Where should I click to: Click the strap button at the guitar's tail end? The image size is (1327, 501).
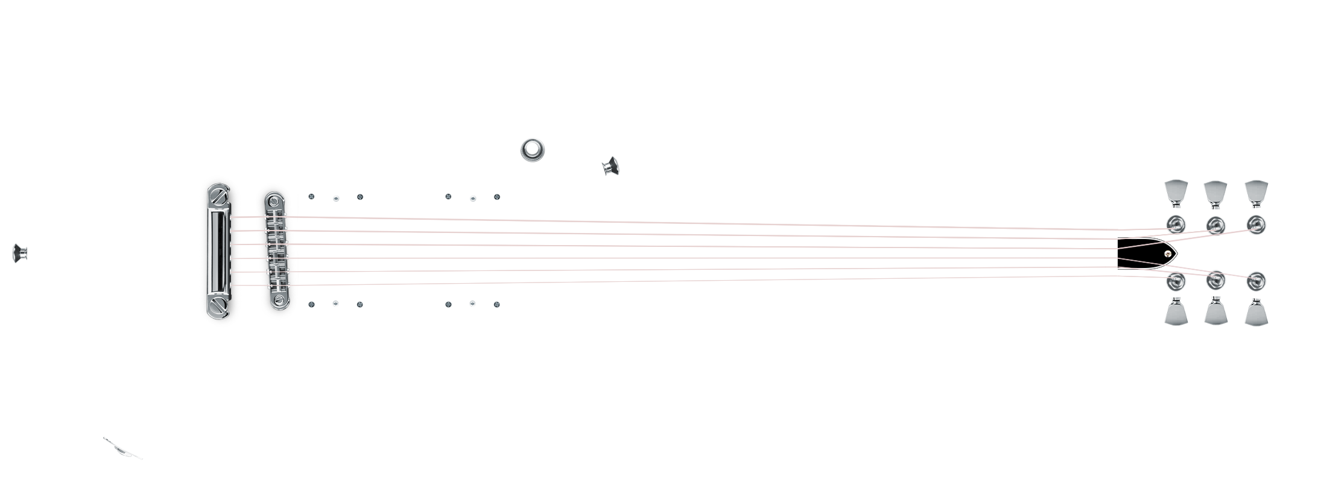point(20,253)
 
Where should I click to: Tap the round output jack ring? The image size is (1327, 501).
point(533,149)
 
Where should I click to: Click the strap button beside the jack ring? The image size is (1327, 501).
point(612,165)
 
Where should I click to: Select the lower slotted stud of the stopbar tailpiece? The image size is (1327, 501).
point(218,305)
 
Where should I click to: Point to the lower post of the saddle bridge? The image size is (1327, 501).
point(278,300)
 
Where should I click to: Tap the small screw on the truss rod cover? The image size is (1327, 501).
point(1169,254)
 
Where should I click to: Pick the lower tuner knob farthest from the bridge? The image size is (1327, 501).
point(1256,314)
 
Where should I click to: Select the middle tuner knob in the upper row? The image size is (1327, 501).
point(1215,191)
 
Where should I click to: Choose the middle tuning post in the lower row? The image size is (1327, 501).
point(1215,280)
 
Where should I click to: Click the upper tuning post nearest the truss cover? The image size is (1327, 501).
point(1174,225)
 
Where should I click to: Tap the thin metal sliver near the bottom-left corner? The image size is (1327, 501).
point(122,448)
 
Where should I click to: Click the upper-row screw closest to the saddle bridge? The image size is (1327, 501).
point(311,197)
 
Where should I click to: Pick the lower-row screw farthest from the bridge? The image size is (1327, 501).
point(497,304)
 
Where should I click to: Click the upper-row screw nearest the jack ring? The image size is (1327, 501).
point(497,197)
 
